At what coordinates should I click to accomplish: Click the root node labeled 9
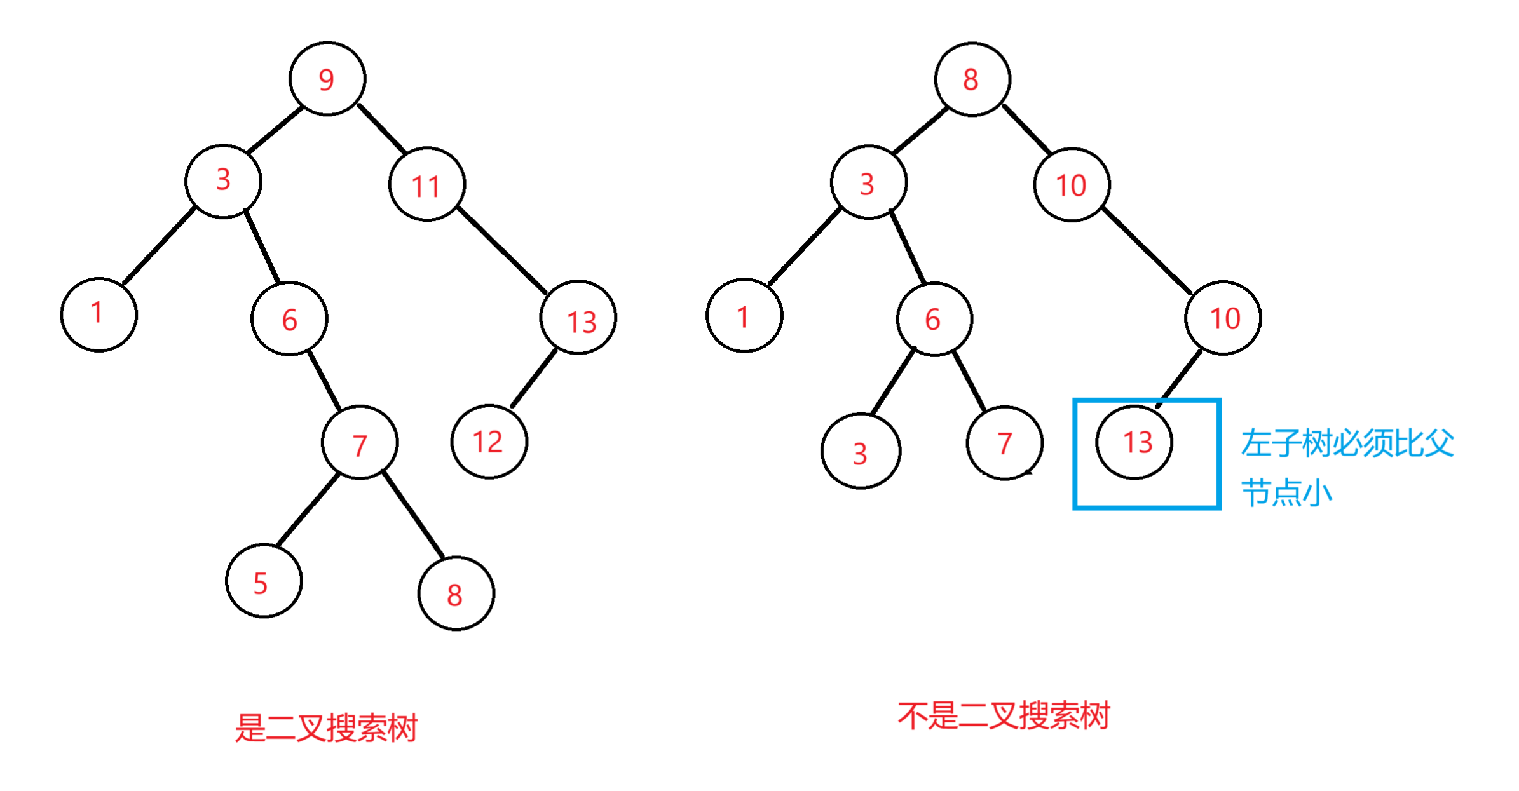click(x=327, y=79)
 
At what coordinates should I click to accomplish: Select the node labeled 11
click(x=426, y=185)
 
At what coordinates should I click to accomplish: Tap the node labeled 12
click(x=489, y=442)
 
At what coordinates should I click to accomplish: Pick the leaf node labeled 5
click(x=263, y=581)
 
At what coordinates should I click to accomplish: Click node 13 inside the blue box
click(x=1134, y=442)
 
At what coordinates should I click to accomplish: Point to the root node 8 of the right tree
click(x=972, y=79)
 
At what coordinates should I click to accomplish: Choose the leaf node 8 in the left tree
click(x=456, y=593)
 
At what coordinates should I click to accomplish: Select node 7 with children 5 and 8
click(x=360, y=443)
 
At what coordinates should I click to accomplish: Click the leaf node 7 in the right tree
click(x=1004, y=443)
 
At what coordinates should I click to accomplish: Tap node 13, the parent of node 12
click(x=578, y=318)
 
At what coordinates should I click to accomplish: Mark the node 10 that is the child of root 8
click(x=1072, y=185)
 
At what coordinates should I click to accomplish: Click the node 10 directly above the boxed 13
click(x=1223, y=318)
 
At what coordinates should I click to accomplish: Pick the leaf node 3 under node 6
click(x=861, y=451)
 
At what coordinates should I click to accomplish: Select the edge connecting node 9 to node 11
click(x=381, y=128)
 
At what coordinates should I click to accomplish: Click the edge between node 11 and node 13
click(x=501, y=250)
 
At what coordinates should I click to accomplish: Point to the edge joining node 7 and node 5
click(x=308, y=509)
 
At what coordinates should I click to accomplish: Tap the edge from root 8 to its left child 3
click(x=920, y=131)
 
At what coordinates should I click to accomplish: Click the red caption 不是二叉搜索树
click(x=1003, y=716)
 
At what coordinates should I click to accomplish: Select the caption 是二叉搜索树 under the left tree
click(x=326, y=728)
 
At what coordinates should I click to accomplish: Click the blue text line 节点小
click(x=1286, y=493)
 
